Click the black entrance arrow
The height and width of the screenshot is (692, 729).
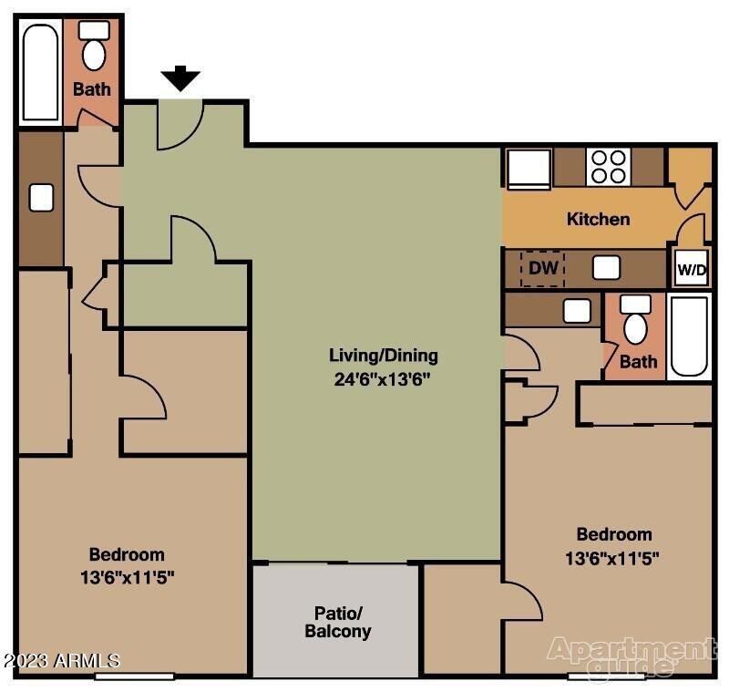pos(181,79)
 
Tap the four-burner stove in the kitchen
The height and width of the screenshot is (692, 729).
pos(608,166)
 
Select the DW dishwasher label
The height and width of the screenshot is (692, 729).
pos(542,269)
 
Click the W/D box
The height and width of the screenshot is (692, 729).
pos(692,270)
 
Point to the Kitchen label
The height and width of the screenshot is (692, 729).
pos(598,219)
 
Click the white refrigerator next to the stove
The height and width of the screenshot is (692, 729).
pos(529,168)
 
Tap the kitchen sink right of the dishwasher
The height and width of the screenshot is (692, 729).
pos(606,268)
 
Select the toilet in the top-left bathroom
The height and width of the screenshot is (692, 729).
pos(94,47)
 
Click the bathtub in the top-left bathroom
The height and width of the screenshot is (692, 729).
pos(40,72)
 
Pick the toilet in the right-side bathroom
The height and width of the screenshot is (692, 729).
pos(635,321)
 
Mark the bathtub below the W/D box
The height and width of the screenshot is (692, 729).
pos(690,336)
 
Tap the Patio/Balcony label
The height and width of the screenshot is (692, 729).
pos(337,622)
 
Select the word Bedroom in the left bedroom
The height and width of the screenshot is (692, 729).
pos(127,554)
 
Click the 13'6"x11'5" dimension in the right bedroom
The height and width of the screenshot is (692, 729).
pos(613,557)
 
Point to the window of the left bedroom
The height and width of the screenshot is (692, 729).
pos(134,676)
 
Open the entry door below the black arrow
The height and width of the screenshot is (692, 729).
pos(180,125)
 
